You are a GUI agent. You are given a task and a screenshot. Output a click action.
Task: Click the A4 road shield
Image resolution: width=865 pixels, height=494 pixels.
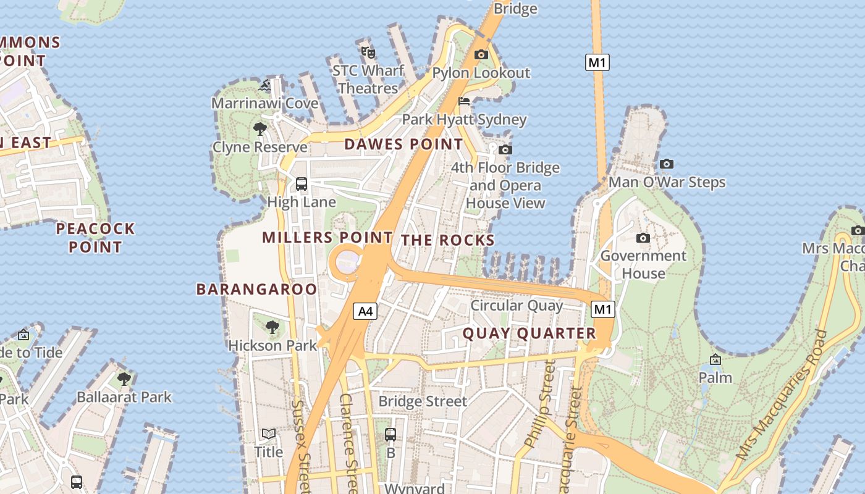pos(365,311)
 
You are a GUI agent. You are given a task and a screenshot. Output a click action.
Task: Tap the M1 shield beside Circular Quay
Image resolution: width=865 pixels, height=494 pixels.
pos(603,309)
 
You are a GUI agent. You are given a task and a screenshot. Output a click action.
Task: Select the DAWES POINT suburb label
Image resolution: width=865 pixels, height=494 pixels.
pos(403,144)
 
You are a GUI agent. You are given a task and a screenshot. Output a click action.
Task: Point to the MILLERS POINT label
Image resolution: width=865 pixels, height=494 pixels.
pos(327,237)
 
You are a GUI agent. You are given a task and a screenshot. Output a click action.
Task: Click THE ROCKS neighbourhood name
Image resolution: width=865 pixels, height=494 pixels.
pos(448,240)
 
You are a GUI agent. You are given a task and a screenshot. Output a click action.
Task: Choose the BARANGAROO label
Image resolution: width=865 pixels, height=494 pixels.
pos(256,289)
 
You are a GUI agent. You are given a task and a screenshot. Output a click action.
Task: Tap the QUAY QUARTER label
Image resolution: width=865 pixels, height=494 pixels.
pos(529,333)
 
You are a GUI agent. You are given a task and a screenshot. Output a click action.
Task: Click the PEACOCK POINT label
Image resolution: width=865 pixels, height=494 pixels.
pos(95,238)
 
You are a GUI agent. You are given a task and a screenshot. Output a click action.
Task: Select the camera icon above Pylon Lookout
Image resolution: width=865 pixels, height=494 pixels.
pos(481,55)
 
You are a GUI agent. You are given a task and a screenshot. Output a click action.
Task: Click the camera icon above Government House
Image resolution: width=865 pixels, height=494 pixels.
pos(643,238)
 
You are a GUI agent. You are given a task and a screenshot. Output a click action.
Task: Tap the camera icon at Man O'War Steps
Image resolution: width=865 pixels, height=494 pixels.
pos(666,164)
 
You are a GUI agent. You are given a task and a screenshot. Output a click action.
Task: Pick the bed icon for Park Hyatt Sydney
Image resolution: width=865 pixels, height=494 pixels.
pos(464,101)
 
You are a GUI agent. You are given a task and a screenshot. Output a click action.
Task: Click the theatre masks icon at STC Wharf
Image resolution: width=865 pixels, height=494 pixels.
pos(368,52)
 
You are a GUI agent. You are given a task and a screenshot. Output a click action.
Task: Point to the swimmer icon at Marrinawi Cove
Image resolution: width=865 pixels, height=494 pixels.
pos(265,85)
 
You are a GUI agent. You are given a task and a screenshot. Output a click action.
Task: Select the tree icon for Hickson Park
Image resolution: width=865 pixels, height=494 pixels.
pos(272,327)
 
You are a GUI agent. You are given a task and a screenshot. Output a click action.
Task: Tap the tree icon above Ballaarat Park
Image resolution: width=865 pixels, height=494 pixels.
pos(124,379)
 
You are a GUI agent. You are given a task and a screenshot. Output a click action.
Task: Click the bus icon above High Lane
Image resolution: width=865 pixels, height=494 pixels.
pos(302,183)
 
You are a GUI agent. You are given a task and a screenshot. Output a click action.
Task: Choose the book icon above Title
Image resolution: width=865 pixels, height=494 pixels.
pos(269,433)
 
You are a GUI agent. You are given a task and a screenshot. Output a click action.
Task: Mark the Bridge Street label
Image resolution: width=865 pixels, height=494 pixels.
pos(423,401)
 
